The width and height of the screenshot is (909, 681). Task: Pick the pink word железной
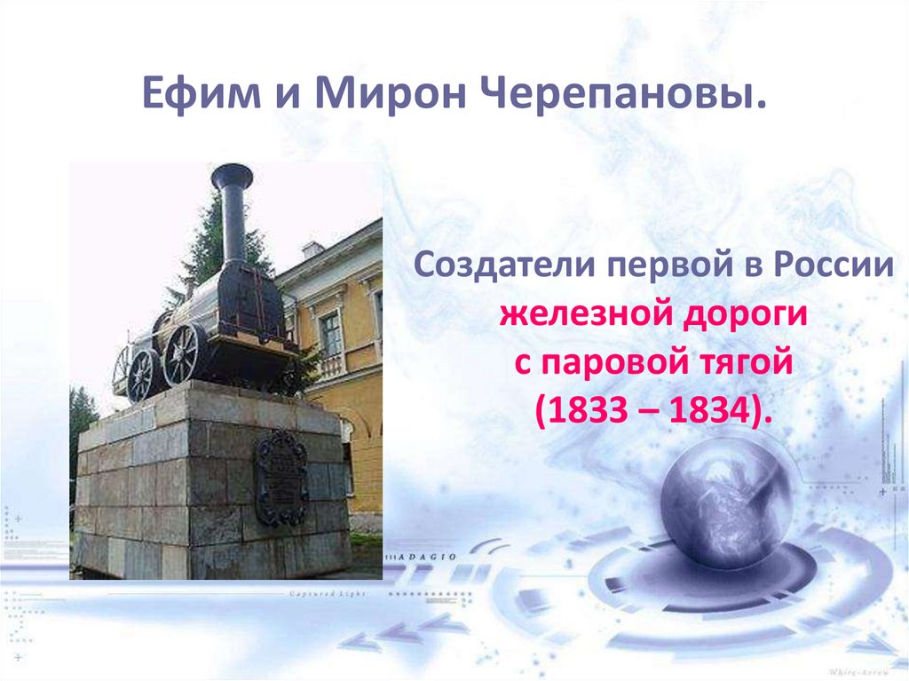(565, 315)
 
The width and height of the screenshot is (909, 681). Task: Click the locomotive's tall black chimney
(233, 213)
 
